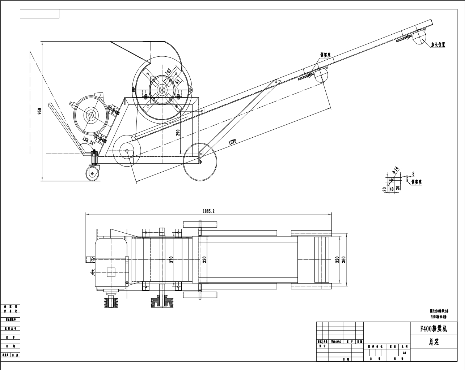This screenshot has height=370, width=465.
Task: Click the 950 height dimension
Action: point(39,111)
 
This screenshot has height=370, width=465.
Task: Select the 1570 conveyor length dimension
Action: point(232,141)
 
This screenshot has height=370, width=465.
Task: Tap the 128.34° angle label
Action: point(89,141)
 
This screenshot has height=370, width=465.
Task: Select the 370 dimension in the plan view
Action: point(171,260)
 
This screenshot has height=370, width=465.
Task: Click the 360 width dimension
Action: point(344,259)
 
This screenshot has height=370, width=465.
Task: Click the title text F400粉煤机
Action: point(433,329)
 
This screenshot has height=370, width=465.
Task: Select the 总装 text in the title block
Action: point(434,342)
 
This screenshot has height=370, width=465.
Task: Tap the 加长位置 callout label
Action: point(437,45)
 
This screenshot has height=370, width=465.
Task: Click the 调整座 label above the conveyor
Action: point(326,55)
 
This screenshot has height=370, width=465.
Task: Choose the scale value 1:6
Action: point(404,353)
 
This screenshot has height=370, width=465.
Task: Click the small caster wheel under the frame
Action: point(93,173)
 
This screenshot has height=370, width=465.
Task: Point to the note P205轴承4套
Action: point(438,317)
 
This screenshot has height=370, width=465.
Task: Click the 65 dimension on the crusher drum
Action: point(177,82)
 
